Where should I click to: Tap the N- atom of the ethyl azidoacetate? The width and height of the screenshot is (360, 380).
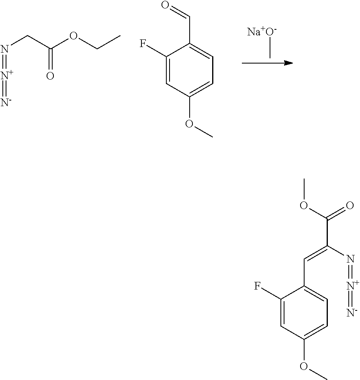pos(5,102)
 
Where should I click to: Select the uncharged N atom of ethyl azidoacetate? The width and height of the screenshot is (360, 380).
pos(5,49)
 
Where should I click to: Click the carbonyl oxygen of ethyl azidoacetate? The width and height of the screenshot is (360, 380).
pos(50,76)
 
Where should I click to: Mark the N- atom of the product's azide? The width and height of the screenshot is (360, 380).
pos(350,312)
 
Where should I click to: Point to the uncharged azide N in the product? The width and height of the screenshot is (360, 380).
pos(350,259)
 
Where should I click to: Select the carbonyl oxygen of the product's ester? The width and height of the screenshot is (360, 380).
pos(350,207)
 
